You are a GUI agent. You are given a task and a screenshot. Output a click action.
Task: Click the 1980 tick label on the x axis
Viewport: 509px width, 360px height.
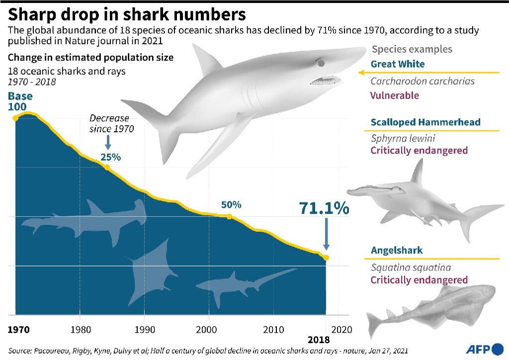80,329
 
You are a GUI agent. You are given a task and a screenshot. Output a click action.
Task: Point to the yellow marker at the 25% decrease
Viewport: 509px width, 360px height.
107,168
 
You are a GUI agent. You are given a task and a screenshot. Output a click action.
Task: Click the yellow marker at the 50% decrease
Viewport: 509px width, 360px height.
229,216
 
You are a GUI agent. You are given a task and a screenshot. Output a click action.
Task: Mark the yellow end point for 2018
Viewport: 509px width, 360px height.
326,258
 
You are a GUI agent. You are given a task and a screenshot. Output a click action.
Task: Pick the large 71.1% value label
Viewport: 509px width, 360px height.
324,209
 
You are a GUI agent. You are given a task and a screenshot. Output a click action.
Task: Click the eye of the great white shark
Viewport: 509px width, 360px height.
321,63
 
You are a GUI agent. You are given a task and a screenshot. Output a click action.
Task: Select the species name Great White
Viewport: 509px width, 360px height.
398,64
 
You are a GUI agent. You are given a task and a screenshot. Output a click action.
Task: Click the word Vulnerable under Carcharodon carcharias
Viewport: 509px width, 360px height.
395,95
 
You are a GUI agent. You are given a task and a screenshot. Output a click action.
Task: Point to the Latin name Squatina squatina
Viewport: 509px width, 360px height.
411,268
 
